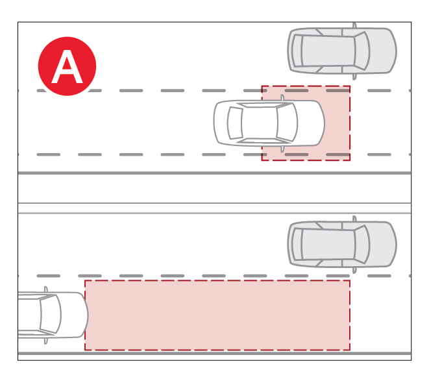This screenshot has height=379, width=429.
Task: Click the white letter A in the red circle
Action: coord(67,66)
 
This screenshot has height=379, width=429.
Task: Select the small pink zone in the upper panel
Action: coord(306,123)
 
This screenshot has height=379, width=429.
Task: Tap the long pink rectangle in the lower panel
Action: coord(217,315)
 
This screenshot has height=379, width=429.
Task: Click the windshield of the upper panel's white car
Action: coord(287,122)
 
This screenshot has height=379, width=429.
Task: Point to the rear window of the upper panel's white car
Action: coord(235,123)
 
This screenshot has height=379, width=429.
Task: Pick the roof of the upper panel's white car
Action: coord(260,123)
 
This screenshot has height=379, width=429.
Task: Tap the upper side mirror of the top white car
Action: coord(282,97)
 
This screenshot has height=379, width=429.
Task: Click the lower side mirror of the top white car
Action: coord(282,149)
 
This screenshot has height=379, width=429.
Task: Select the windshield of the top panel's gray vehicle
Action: coord(362,51)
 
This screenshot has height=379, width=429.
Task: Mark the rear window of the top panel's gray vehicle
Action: coord(297,51)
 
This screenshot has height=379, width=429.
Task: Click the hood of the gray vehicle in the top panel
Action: coord(383,51)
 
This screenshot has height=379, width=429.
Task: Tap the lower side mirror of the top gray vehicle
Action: coord(354,77)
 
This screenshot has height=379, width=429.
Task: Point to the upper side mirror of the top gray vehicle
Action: coord(354,25)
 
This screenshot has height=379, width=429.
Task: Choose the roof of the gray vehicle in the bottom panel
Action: coord(328,244)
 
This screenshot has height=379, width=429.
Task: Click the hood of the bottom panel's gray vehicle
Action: coord(383,244)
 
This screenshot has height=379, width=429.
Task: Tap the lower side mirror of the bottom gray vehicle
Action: coord(354,270)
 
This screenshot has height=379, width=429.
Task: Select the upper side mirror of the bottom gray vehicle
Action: coord(354,219)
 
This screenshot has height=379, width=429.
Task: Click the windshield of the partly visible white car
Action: coord(51,314)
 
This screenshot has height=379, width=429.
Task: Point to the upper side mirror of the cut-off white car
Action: coord(45,289)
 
